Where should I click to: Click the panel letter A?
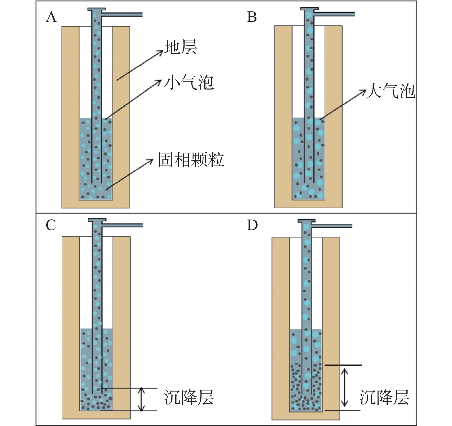pos(51,17)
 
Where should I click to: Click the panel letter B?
pos(252,17)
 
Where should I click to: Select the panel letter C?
pos(51,225)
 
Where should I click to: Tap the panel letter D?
pos(252,225)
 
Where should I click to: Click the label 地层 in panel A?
pos(181,47)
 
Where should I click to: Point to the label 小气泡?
pos(189,83)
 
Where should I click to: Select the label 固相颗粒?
pos(191,159)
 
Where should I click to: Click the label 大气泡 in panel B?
pos(390,91)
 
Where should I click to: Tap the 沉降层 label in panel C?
pos(189,397)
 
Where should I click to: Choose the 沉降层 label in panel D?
pos(384,397)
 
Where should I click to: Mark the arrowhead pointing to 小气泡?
pos(158,82)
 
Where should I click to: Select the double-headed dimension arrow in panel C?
pos(141,399)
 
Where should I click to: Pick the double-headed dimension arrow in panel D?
pos(344,388)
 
